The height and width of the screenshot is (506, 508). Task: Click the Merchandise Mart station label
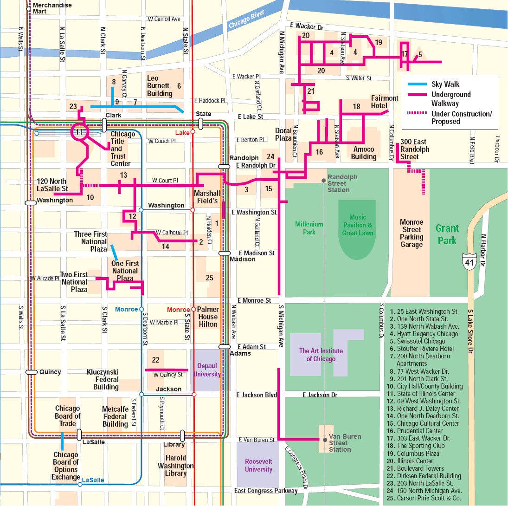tap(52, 8)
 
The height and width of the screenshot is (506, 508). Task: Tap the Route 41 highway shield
tap(469, 262)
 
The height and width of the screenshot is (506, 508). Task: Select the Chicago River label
tap(246, 19)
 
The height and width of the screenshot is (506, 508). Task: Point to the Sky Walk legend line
tap(417, 84)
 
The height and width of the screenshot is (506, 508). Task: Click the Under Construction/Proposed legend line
tap(417, 113)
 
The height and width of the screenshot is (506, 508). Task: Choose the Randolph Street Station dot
tap(323, 181)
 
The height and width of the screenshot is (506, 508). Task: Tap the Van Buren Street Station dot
tap(325, 440)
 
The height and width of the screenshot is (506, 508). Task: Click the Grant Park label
tap(447, 234)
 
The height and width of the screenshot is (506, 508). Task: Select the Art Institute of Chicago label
tap(321, 355)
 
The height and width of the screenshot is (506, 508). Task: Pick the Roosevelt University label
tap(258, 465)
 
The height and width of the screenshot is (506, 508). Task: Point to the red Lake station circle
tap(193, 132)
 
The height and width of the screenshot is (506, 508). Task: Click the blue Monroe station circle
tap(141, 309)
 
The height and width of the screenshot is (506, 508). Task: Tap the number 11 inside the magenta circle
tap(79, 132)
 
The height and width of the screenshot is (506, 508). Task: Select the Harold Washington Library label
tap(176, 466)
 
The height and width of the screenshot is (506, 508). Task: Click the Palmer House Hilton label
tap(208, 317)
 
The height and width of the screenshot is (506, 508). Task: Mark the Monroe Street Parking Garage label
tap(412, 233)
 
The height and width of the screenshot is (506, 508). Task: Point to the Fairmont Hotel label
tap(385, 102)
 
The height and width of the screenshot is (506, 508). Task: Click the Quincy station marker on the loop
tap(32, 372)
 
